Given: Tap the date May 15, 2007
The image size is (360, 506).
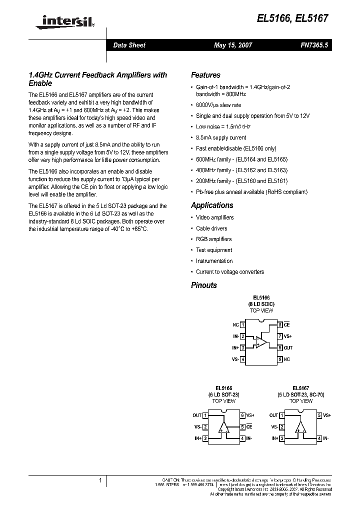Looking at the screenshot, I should pos(233,45).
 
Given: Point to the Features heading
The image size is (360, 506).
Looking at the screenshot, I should pos(205,75).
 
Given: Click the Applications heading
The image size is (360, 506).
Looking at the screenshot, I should pos(212,205).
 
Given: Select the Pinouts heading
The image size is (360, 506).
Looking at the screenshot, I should pos(204,285).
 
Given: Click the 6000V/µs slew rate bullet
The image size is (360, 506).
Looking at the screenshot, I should pos(218,105).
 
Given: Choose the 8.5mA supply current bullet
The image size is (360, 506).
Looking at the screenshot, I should pos(221,137).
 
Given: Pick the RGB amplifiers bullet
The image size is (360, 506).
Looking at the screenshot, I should pos(213,239).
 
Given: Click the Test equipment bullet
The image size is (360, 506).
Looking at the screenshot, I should pos(214,250).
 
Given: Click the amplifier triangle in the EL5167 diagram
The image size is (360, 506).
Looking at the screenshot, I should pos(300,427).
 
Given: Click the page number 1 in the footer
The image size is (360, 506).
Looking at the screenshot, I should pos(100,480).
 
